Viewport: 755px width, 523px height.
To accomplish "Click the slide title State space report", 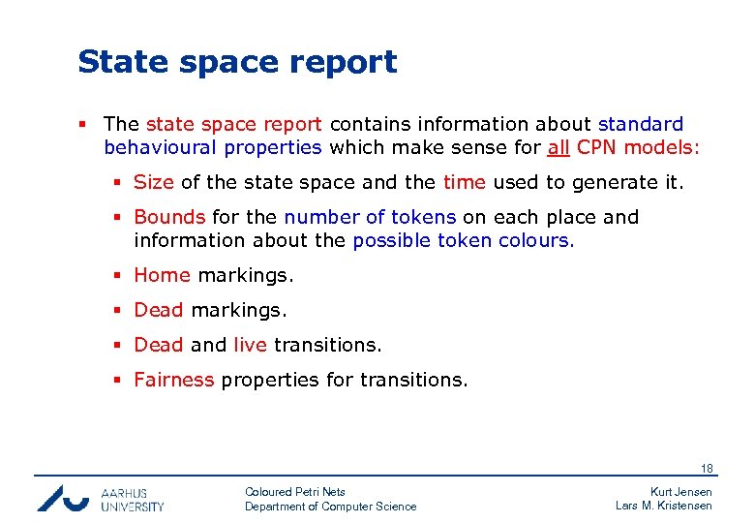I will click(237, 62).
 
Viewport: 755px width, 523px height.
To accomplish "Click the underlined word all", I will click(559, 147).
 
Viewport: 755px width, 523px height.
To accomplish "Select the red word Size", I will click(155, 182).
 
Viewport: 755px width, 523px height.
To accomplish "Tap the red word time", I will click(466, 182).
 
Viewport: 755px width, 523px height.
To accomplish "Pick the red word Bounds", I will click(169, 217).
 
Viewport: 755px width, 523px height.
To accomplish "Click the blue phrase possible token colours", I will click(464, 240).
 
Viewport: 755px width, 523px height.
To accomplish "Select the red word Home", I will click(162, 275).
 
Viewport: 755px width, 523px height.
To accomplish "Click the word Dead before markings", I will click(159, 310).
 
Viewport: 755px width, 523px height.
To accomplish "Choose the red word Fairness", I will click(174, 380).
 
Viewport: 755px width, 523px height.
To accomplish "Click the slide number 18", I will click(707, 469).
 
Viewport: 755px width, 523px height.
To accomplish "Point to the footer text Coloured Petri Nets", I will click(295, 492).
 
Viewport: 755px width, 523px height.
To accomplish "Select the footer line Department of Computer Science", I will click(331, 507).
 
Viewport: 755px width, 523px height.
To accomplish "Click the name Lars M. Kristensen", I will click(664, 506).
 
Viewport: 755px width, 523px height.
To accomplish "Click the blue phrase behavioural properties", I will click(213, 147).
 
